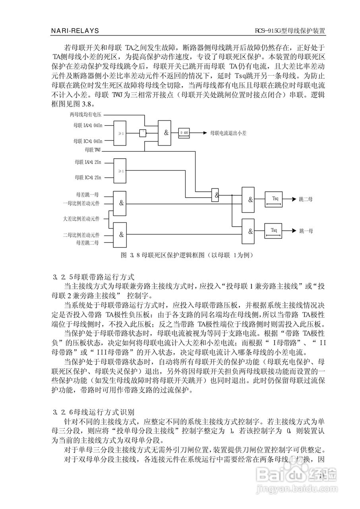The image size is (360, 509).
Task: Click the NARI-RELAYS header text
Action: (x=75, y=31)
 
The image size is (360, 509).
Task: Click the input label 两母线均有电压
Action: (x=85, y=115)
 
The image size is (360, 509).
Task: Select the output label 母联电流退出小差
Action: (x=228, y=133)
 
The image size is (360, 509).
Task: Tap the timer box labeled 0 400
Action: (x=184, y=133)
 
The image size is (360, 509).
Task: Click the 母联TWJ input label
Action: (x=93, y=150)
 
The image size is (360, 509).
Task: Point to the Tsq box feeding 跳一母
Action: (x=275, y=231)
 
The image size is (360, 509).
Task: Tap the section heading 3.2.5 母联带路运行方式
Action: (x=93, y=276)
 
